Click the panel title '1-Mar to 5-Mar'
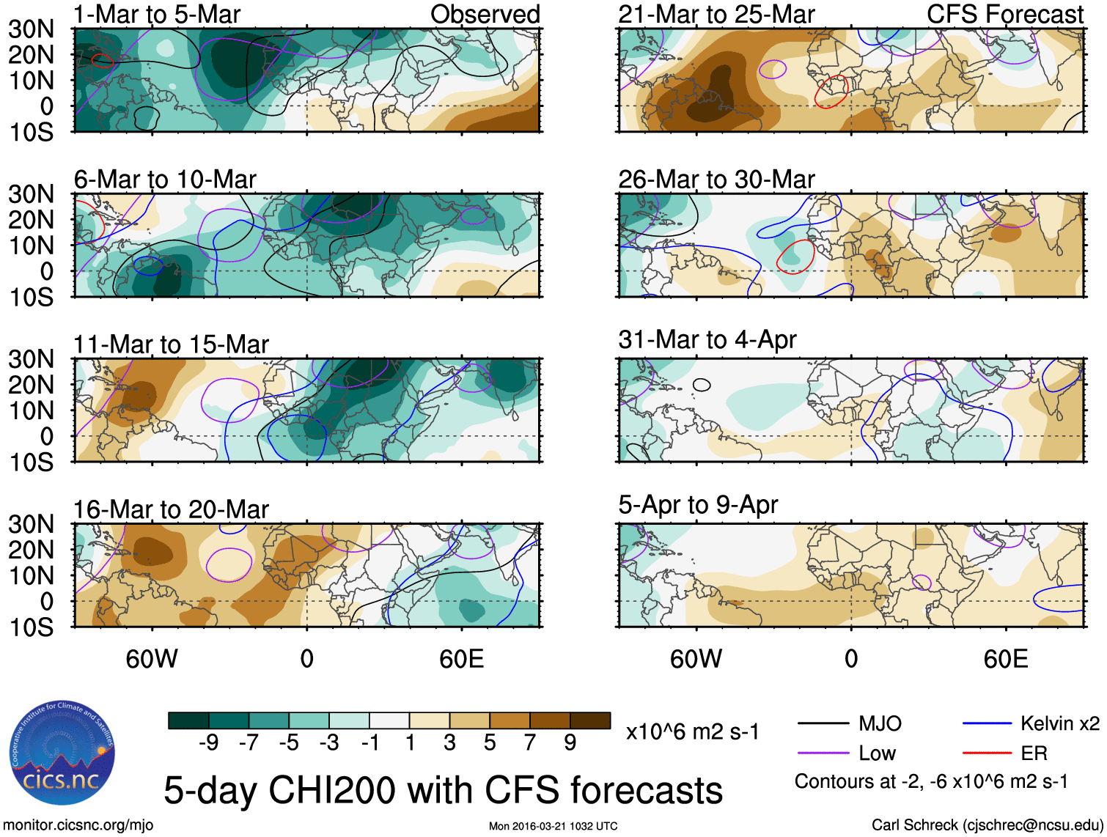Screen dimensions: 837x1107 157,14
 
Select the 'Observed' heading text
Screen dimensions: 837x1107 485,14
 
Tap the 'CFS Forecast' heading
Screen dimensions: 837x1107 1004,14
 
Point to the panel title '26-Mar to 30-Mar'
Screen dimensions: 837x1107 716,179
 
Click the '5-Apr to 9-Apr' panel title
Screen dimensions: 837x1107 697,504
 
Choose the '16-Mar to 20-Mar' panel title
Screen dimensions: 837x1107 171,509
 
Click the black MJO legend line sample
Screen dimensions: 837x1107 823,724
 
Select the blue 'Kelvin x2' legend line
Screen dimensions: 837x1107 987,724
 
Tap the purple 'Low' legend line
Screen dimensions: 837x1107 823,753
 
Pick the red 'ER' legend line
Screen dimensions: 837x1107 987,753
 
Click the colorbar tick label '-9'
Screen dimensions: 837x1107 209,742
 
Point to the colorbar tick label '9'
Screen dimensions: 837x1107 570,742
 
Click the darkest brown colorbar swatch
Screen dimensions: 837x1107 590,720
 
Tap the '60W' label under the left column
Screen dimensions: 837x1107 152,659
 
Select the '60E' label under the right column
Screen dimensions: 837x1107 1005,659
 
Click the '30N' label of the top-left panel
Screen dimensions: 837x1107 32,29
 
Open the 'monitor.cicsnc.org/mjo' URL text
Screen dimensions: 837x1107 78,825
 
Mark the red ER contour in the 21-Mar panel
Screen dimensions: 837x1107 831,91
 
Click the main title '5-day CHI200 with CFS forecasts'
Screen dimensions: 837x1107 443,790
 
